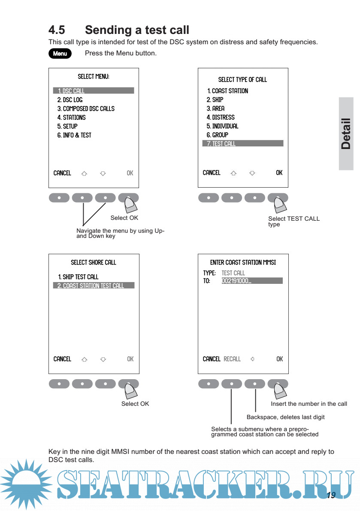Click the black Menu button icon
[x=60, y=54]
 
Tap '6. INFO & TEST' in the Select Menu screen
[x=74, y=135]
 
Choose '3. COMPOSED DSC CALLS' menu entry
[x=86, y=109]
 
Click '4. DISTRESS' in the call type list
[x=221, y=117]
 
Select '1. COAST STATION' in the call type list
[x=227, y=91]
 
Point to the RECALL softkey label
[x=232, y=359]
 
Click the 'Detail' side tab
[x=346, y=134]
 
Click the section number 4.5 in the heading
[x=57, y=30]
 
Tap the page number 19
[x=331, y=496]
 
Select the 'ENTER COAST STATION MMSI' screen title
[x=243, y=262]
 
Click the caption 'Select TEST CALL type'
[x=293, y=221]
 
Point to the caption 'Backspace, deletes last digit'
[x=285, y=417]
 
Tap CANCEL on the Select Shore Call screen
[x=62, y=359]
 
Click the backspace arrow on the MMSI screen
[x=252, y=359]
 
